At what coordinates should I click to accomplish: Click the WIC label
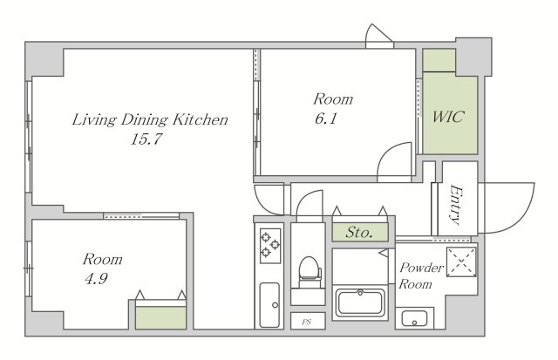point(448,117)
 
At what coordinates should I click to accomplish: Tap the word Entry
point(455,205)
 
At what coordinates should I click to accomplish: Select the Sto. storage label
point(359,233)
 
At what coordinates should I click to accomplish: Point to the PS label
point(306,323)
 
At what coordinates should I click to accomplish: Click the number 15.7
point(146,139)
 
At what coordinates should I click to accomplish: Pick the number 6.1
point(325,118)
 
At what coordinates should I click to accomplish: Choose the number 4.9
point(96,279)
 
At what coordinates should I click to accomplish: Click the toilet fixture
point(310,272)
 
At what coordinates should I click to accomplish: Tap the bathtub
point(360,303)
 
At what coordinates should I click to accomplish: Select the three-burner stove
point(270,246)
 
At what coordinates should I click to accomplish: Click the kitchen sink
point(269,305)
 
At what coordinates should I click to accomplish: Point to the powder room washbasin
point(414,318)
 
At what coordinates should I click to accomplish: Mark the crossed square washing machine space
point(461,262)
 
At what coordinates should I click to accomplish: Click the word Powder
point(421,268)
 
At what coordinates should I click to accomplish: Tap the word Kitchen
point(200,119)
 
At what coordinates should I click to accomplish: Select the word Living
point(94,120)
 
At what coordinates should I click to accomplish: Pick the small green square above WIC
point(439,60)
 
